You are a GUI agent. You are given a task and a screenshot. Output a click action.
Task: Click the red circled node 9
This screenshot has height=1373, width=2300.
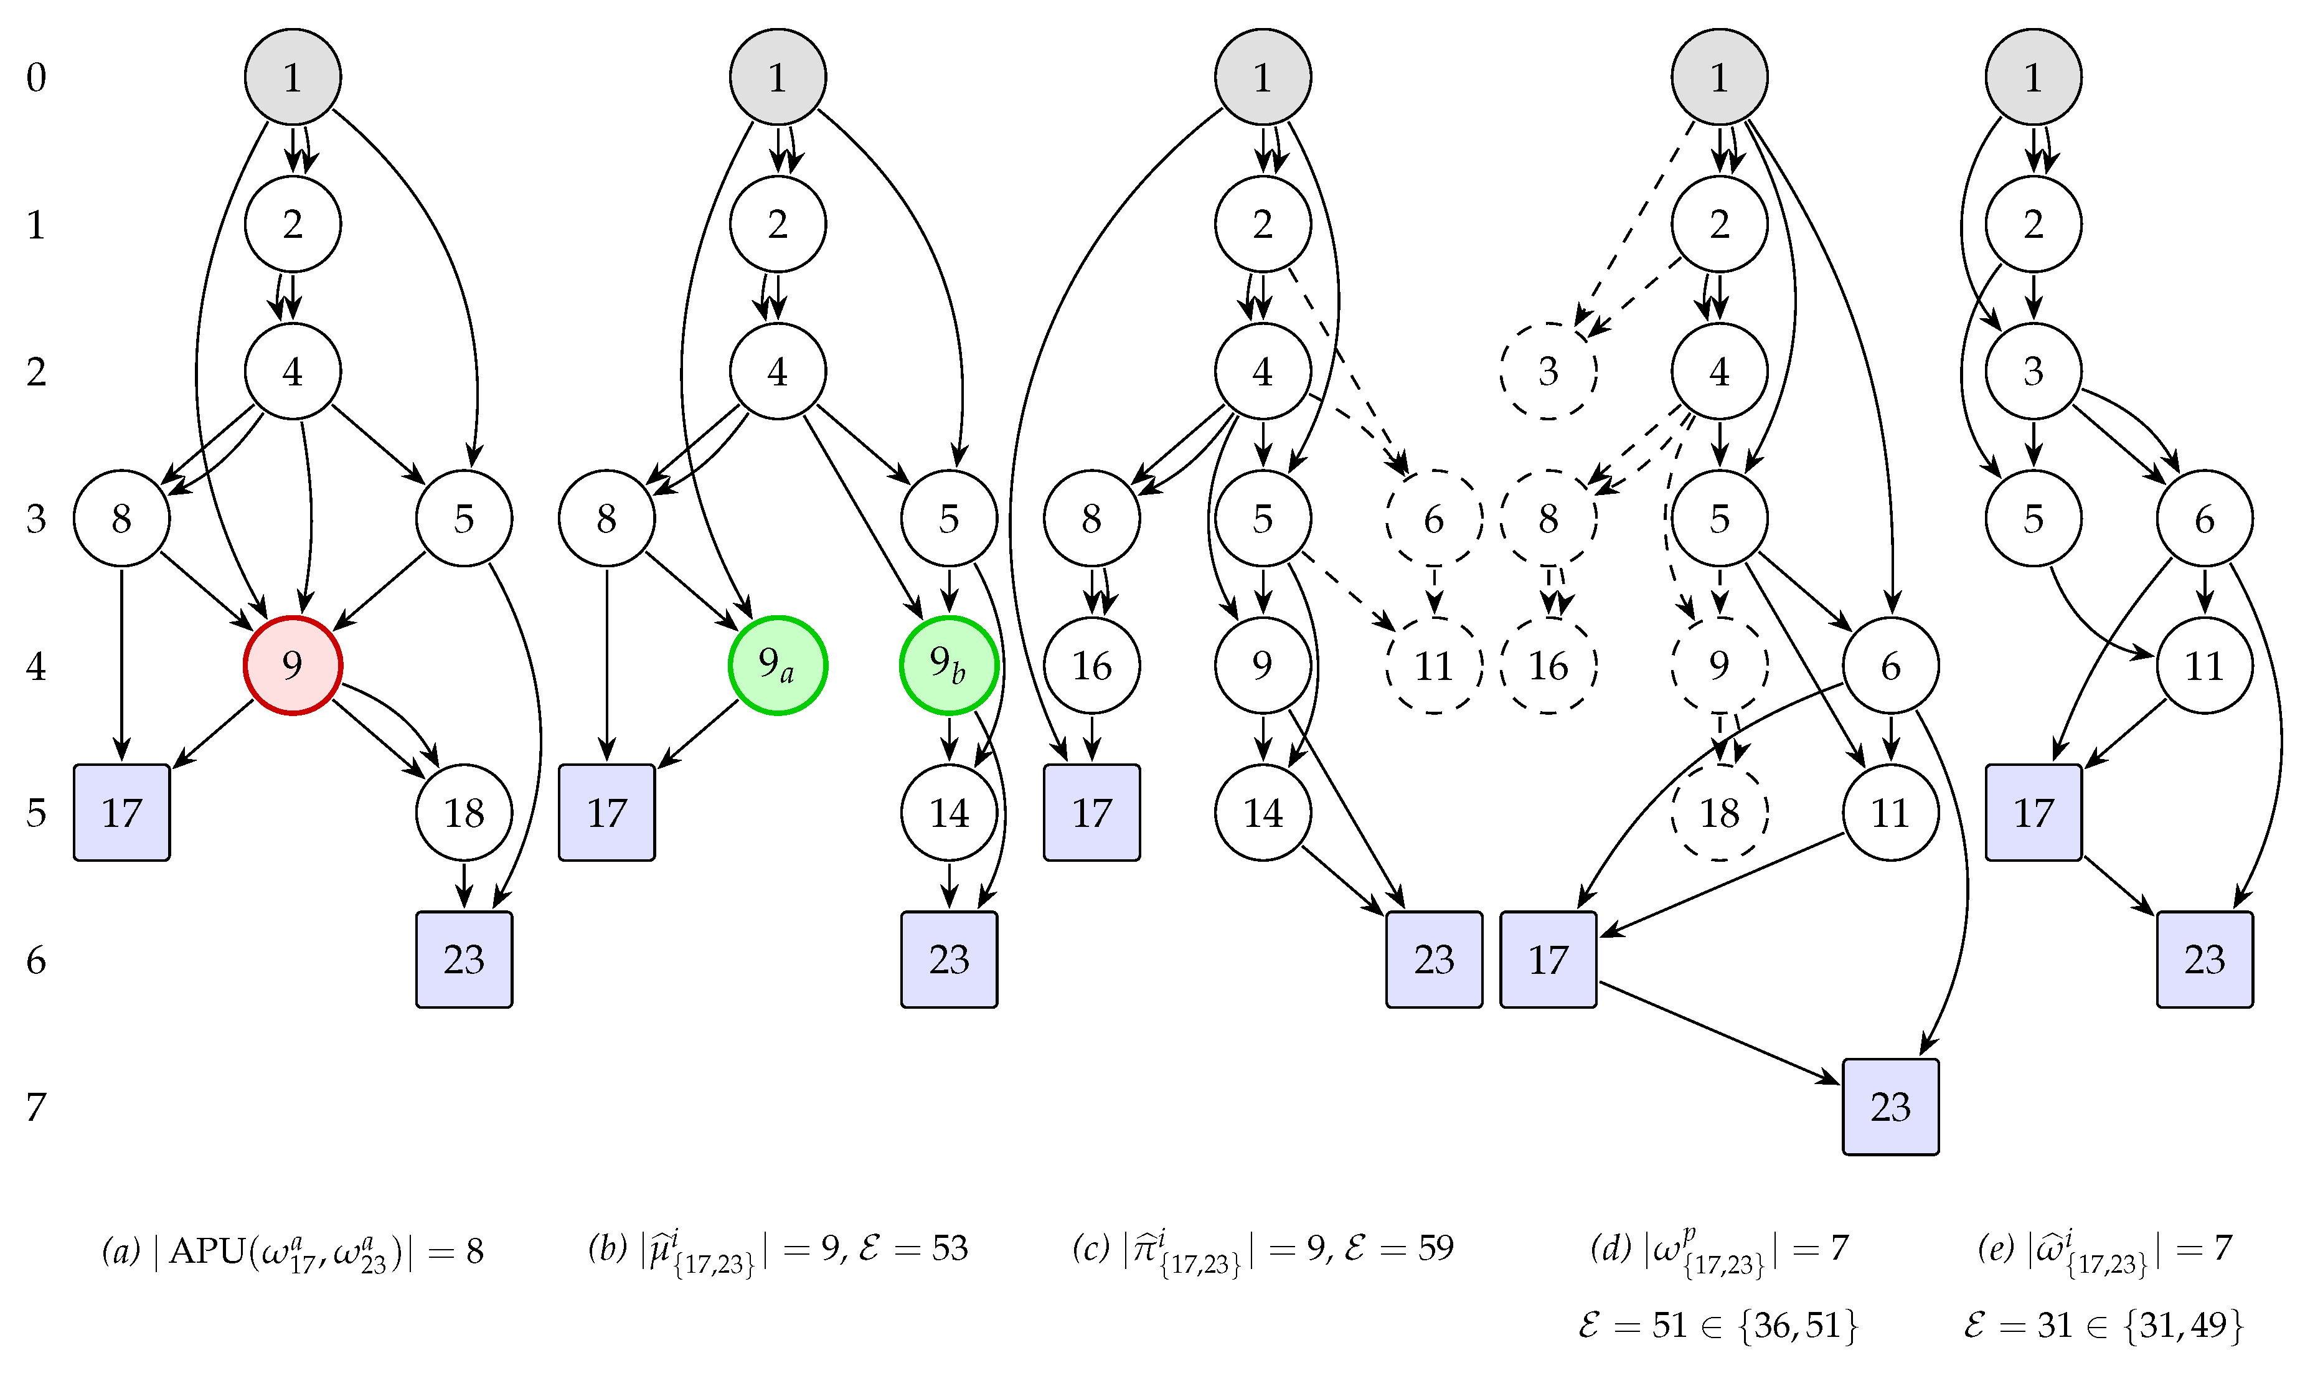tap(293, 665)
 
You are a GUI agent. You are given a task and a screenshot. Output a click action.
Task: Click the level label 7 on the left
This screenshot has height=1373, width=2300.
tap(36, 1106)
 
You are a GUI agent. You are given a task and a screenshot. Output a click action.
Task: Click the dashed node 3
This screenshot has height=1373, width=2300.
tap(1548, 371)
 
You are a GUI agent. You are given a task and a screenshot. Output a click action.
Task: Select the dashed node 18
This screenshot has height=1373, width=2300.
tap(1719, 813)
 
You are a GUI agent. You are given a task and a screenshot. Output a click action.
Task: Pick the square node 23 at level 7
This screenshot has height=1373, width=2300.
tap(1890, 1106)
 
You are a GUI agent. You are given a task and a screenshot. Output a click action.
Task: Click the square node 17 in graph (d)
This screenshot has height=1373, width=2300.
tap(1548, 960)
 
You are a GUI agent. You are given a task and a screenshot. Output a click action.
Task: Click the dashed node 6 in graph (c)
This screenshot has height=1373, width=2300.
tap(1434, 518)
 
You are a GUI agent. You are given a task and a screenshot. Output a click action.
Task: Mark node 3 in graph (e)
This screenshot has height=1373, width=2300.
tap(2033, 371)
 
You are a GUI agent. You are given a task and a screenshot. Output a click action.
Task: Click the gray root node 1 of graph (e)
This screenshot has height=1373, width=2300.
tap(2033, 77)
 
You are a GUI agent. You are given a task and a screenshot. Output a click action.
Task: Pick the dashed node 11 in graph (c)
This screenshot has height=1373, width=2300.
tap(1434, 665)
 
